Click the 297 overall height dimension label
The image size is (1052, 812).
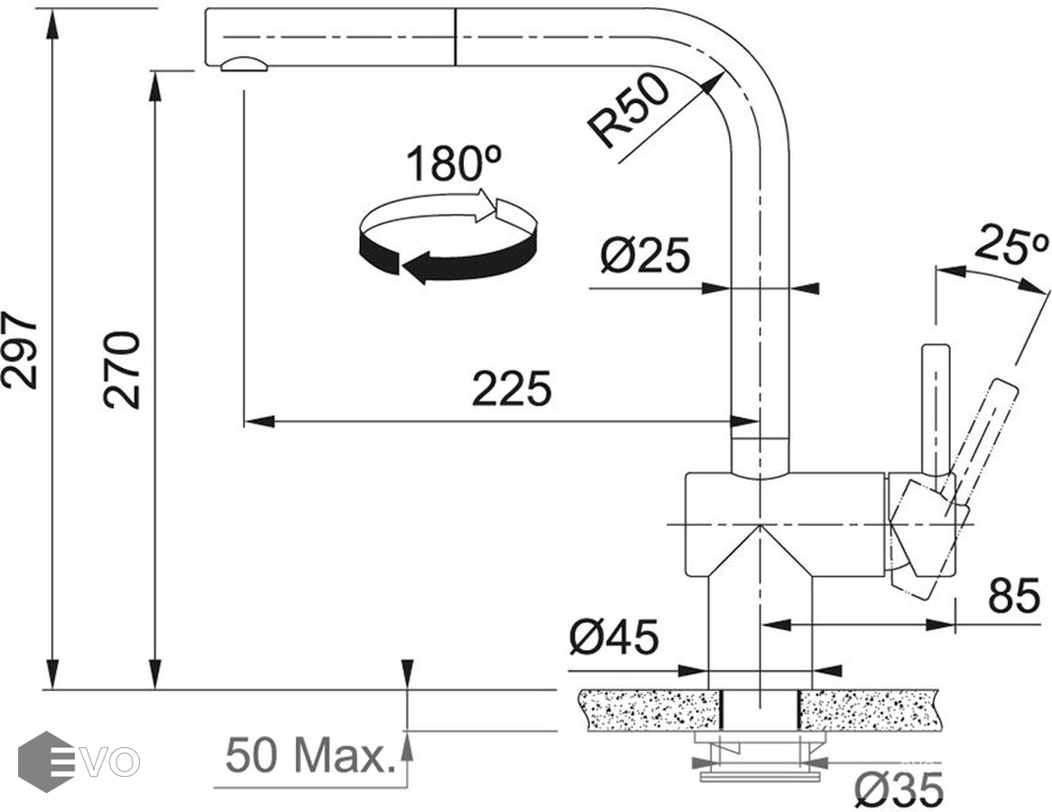tap(20, 349)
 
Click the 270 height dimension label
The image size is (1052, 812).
tap(122, 370)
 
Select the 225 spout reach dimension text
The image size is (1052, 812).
tap(512, 389)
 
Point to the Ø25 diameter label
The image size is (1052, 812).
tap(645, 255)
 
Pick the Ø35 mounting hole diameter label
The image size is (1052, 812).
tap(899, 789)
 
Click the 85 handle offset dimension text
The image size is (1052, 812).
tap(1014, 595)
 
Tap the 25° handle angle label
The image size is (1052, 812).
tap(1010, 245)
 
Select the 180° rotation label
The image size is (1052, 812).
tap(454, 163)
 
